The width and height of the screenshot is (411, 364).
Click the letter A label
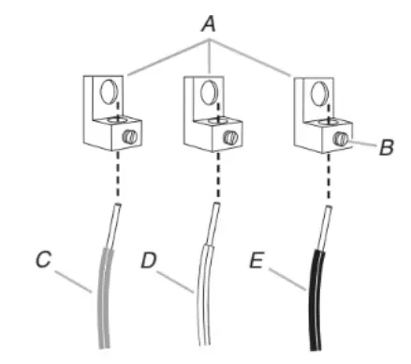coord(208,22)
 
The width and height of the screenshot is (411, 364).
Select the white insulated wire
coord(202,291)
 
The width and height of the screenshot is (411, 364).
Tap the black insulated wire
coord(315,291)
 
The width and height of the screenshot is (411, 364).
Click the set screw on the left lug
coord(131,137)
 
